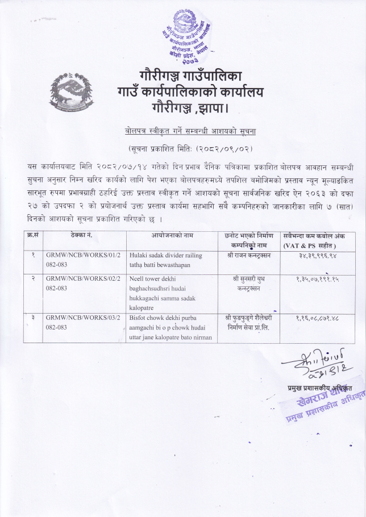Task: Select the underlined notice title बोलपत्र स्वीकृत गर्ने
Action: (x=191, y=131)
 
